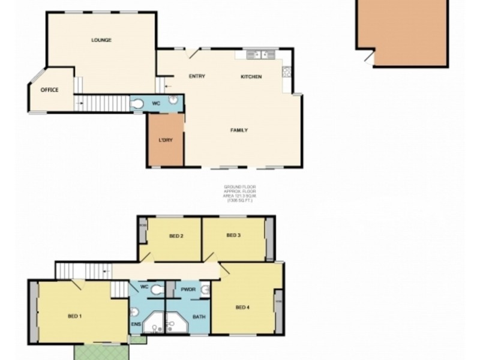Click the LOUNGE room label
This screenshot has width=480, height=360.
pyautogui.click(x=101, y=40)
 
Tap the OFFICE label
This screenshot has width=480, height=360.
pyautogui.click(x=49, y=90)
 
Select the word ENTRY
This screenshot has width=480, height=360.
pyautogui.click(x=197, y=76)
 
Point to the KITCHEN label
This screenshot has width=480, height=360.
pyautogui.click(x=251, y=76)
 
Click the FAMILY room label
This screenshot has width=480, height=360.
pyautogui.click(x=239, y=130)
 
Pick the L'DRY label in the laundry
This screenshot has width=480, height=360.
pyautogui.click(x=166, y=140)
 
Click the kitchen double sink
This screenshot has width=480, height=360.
pyautogui.click(x=259, y=55)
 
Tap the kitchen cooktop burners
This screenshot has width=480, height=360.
pyautogui.click(x=287, y=72)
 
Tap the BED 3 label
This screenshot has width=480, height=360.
pyautogui.click(x=233, y=235)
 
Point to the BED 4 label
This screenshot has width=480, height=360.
pyautogui.click(x=242, y=308)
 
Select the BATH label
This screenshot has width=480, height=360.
pyautogui.click(x=199, y=316)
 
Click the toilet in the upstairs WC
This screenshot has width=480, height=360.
pyautogui.click(x=157, y=289)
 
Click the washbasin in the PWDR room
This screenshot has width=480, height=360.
pyautogui.click(x=205, y=290)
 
